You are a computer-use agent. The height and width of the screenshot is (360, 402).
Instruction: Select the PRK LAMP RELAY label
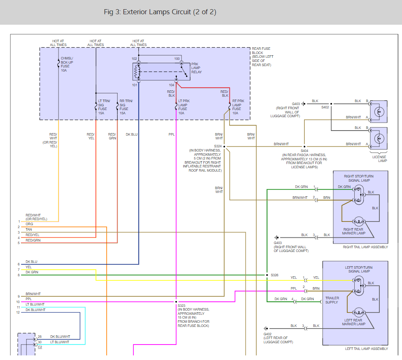tap(196, 68)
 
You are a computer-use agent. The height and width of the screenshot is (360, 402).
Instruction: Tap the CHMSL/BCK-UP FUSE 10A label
tap(67, 64)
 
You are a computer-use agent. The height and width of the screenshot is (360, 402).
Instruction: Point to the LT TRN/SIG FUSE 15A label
tap(104, 107)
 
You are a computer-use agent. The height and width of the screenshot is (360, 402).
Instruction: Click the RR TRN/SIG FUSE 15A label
tap(126, 107)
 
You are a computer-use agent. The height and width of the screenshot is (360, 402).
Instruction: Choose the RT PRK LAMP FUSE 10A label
tap(238, 107)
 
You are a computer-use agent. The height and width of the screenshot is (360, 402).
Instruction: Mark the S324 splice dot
tap(224, 147)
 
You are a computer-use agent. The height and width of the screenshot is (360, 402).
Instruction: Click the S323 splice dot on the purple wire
tap(176, 302)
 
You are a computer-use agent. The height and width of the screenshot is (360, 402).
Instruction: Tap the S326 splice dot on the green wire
tap(267, 275)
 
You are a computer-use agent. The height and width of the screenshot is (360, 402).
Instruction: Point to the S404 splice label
tap(304, 151)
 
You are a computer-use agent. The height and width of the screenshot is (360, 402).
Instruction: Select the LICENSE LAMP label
tap(379, 159)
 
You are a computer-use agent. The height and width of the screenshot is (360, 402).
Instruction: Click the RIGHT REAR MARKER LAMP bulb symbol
tap(358, 221)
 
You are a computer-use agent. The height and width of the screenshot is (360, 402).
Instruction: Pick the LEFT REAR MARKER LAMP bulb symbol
tap(358, 312)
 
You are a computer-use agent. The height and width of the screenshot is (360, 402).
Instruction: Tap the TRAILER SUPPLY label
tap(332, 300)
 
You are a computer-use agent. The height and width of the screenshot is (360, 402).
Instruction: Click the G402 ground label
tap(267, 334)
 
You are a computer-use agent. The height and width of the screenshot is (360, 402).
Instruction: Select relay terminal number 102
tap(134, 59)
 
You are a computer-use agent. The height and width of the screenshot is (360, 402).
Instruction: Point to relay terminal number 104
tap(172, 85)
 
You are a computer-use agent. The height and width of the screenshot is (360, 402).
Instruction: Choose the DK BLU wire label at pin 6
tap(31, 262)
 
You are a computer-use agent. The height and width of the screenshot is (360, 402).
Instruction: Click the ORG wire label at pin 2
tap(29, 224)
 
